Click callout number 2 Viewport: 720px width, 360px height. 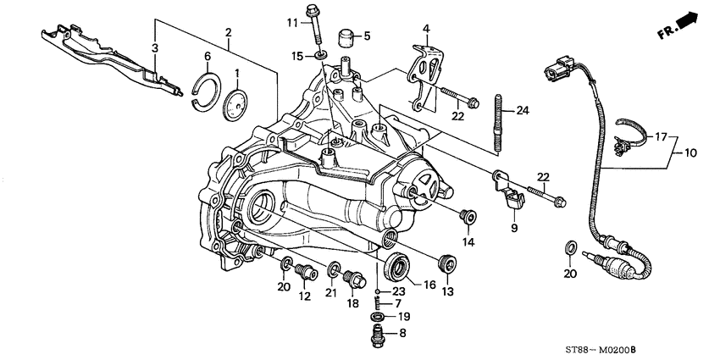coord(227,33)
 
